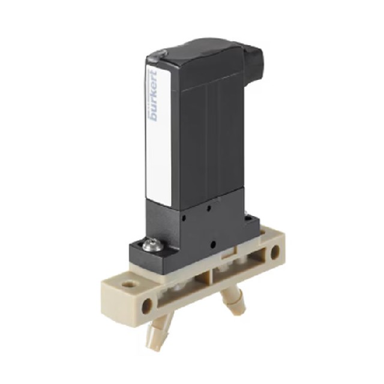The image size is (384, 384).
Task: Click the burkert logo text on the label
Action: tap(154, 95)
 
